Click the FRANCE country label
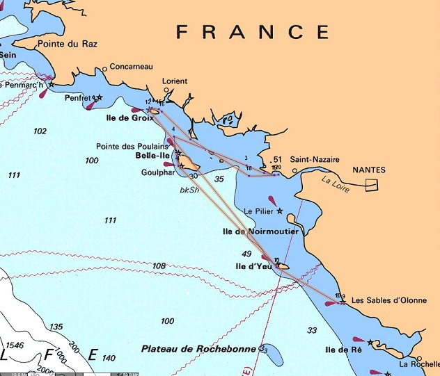(253, 32)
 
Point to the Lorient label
(175, 81)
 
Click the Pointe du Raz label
(68, 44)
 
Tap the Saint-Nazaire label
(313, 158)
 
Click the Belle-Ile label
(152, 156)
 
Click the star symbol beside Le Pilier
(280, 211)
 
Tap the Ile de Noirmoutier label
(260, 231)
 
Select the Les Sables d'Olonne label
(385, 301)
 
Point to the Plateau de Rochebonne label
(199, 348)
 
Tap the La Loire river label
(333, 183)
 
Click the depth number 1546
(16, 345)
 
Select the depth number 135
(56, 327)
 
